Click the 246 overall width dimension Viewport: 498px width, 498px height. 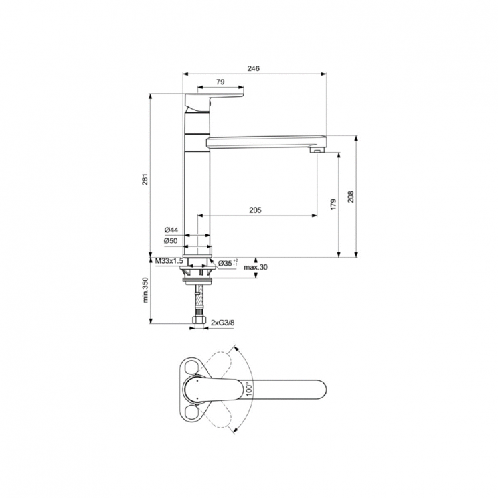pyautogui.click(x=253, y=68)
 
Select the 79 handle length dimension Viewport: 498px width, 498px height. pyautogui.click(x=220, y=82)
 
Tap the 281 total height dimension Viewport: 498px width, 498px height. pyautogui.click(x=145, y=175)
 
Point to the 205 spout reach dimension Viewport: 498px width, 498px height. pyautogui.click(x=255, y=210)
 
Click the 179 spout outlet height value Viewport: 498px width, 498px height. pyautogui.click(x=333, y=205)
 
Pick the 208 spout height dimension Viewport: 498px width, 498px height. pyautogui.click(x=350, y=197)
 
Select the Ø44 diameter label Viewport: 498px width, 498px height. pyautogui.click(x=171, y=230)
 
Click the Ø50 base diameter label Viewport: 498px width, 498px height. pyautogui.click(x=171, y=240)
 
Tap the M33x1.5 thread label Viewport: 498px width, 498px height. pyautogui.click(x=169, y=261)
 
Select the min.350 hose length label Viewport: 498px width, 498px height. pyautogui.click(x=145, y=291)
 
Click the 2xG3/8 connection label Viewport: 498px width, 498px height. pyautogui.click(x=224, y=322)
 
